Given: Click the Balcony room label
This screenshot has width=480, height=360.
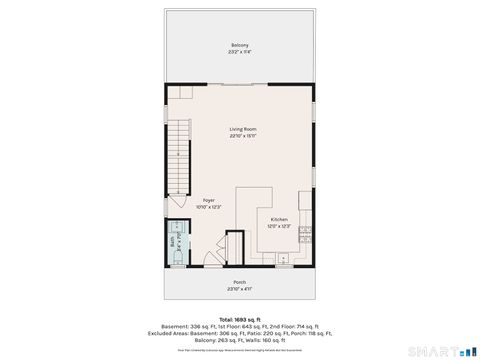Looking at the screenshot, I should tap(240, 46).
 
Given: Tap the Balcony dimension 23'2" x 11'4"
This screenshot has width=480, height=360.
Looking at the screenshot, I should tap(240, 53).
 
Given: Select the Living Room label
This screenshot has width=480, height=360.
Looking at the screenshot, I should tap(240, 129).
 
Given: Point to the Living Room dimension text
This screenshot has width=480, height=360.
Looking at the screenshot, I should tap(240, 136).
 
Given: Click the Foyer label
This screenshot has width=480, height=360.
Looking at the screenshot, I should tap(209, 200).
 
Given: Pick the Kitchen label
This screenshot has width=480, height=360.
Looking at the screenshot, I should tap(279, 219).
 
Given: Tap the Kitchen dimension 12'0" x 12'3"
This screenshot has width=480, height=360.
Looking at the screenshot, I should tap(279, 226).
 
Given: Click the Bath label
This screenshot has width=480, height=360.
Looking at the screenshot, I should tap(173, 241).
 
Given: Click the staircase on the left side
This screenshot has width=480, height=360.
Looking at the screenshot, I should tap(179, 155).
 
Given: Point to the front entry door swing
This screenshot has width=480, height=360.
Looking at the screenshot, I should tap(211, 259).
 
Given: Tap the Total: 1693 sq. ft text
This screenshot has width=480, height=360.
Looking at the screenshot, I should tap(240, 319).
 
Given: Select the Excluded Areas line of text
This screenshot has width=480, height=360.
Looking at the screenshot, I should tap(240, 334).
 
